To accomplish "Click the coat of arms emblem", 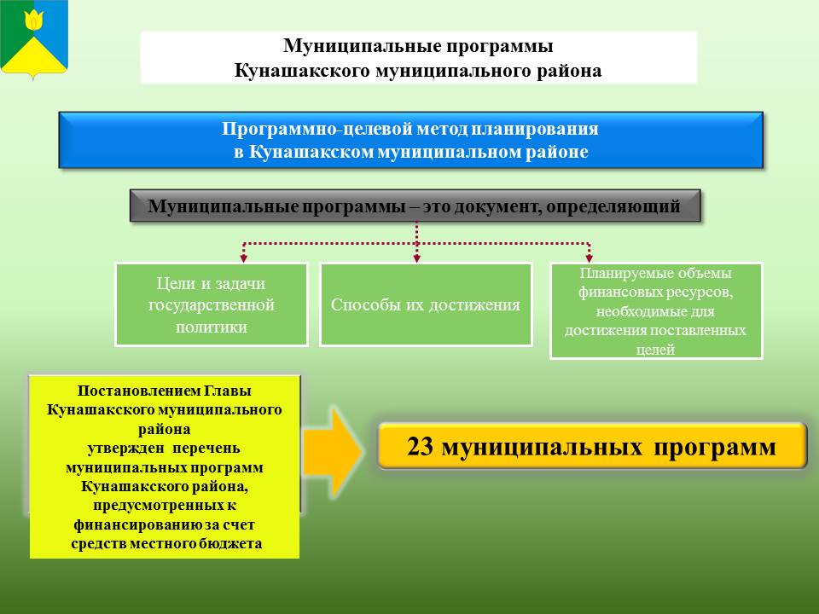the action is [34, 38].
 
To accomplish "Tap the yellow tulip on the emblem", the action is [34, 20].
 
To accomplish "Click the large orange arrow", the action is [332, 452].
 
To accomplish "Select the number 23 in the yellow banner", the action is [420, 447].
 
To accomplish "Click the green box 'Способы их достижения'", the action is [426, 305].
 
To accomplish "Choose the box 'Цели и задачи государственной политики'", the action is [212, 305].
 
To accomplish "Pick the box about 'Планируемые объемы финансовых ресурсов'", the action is [656, 311].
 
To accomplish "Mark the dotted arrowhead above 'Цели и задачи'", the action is [243, 258].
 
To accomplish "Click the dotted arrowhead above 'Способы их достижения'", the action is [416, 258].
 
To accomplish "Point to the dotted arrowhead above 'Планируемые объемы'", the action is [590, 258].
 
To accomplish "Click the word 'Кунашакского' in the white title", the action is [302, 71].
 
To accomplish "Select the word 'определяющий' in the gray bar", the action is [613, 206].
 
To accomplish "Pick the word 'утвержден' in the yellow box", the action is [126, 449].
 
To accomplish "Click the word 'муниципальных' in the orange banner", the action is [543, 448].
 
